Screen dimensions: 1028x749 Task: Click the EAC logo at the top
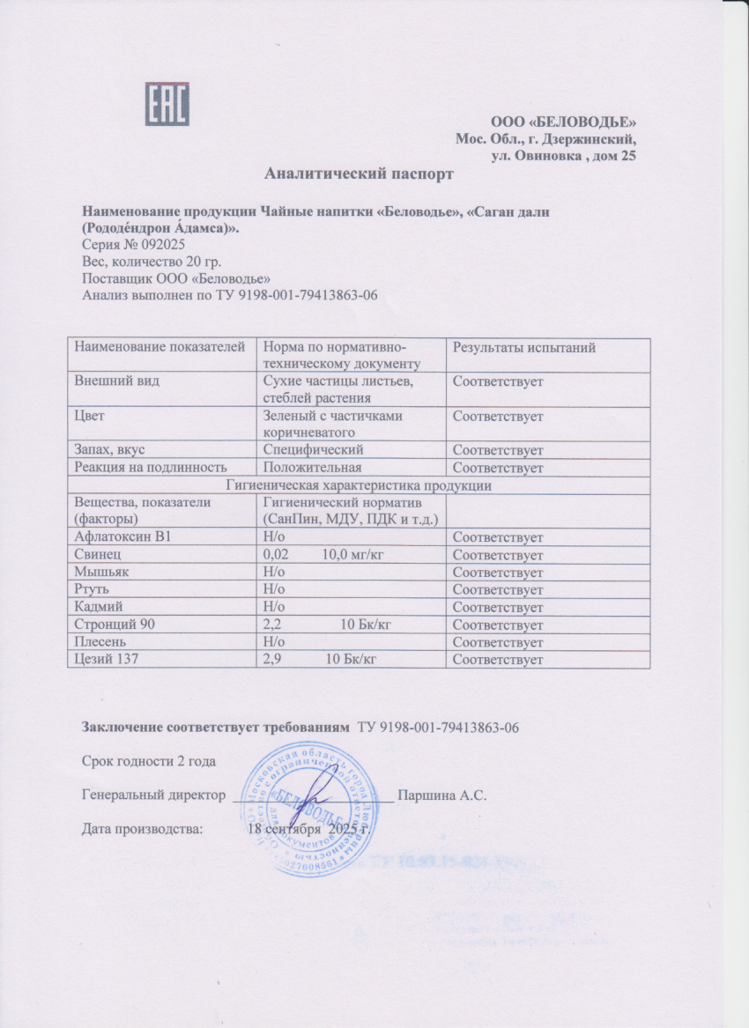click(x=167, y=103)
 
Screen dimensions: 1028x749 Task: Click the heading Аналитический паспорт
click(x=360, y=174)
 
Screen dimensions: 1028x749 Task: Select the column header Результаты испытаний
click(x=523, y=348)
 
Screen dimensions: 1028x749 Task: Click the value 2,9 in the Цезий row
click(x=273, y=660)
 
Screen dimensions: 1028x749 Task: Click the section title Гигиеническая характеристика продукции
click(x=359, y=485)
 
